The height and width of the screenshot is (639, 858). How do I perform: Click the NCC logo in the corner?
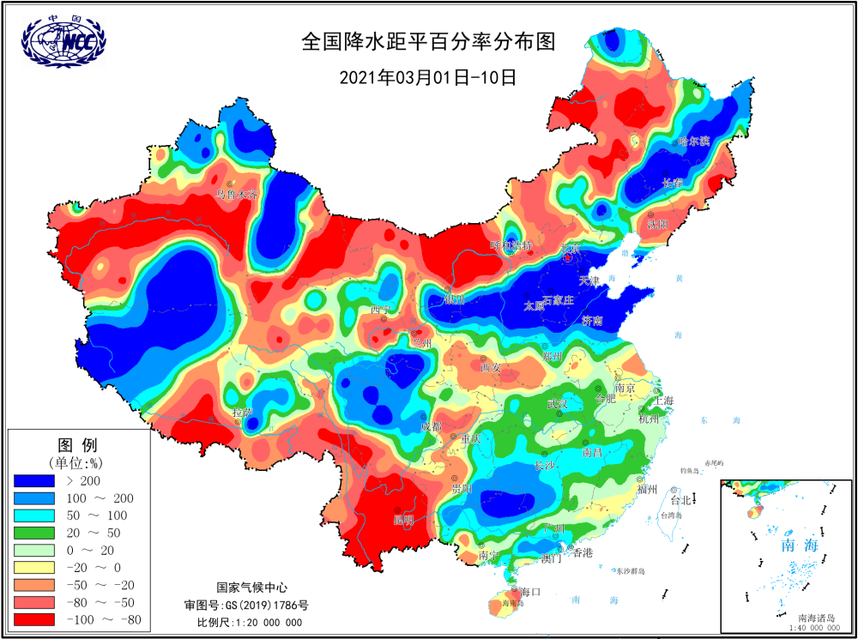(x=63, y=40)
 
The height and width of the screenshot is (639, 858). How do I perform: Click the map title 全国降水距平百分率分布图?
(x=428, y=42)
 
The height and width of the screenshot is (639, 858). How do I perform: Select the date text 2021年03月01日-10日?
(x=428, y=77)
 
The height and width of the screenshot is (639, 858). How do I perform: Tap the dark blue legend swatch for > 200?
(x=34, y=480)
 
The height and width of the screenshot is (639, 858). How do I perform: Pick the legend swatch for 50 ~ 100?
(x=34, y=515)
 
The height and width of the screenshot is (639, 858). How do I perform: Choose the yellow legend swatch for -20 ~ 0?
(x=34, y=568)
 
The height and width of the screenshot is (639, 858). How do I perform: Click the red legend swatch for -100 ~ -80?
(x=34, y=620)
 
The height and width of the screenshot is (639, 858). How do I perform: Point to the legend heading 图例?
(x=76, y=445)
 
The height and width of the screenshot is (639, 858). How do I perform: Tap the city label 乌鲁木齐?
(x=237, y=196)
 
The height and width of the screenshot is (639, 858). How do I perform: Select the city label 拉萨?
(x=243, y=413)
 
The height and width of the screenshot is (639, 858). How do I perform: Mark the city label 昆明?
(x=403, y=520)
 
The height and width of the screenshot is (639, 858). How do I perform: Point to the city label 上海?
(x=662, y=401)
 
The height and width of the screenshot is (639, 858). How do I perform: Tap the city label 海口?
(x=530, y=592)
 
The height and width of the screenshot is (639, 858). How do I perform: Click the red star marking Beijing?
(x=566, y=256)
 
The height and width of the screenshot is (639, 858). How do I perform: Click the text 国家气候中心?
(x=251, y=588)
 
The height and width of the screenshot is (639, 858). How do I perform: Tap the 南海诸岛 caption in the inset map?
(x=818, y=618)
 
